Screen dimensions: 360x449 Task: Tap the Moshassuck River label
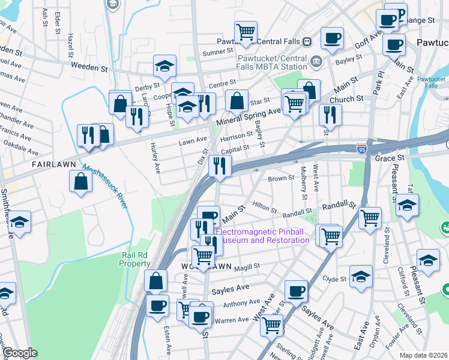click(x=105, y=187)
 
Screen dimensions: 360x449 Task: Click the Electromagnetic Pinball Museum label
click(x=262, y=236)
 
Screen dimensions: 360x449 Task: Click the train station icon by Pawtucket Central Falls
click(x=307, y=42)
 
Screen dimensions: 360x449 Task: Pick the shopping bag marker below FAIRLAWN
click(x=81, y=181)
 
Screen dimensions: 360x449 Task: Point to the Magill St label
click(x=248, y=265)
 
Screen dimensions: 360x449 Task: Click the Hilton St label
click(x=264, y=207)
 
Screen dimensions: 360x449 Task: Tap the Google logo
click(x=20, y=353)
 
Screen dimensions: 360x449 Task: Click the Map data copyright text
click(x=424, y=355)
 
